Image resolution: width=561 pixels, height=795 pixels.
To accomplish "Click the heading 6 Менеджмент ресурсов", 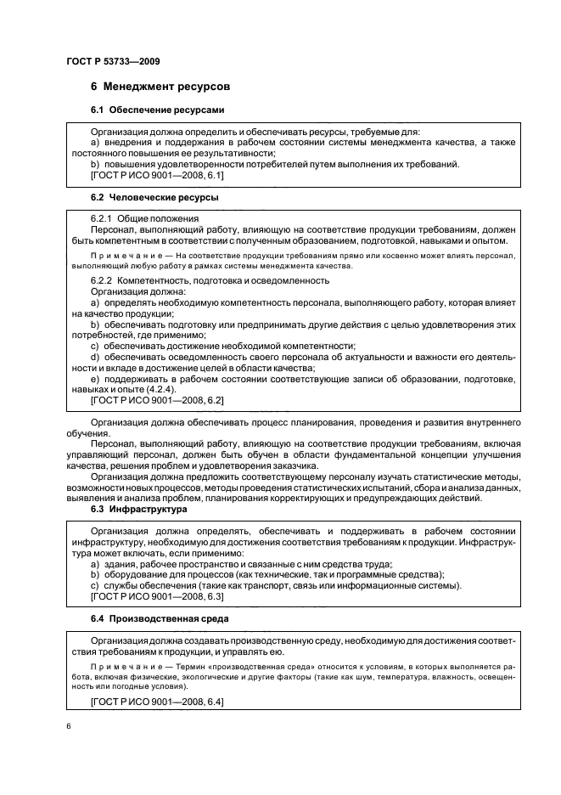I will [x=160, y=87].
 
